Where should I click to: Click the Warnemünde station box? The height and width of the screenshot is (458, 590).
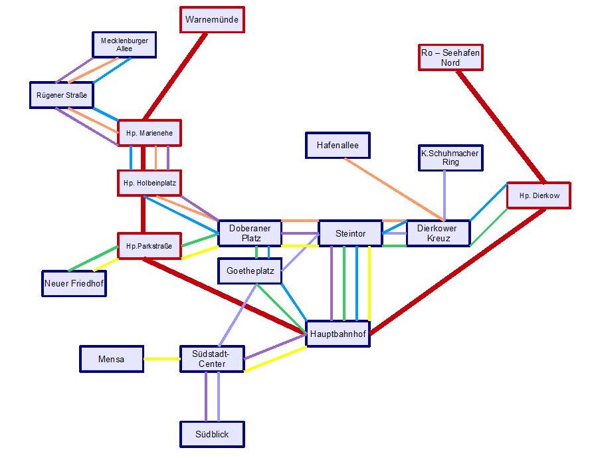[213, 19]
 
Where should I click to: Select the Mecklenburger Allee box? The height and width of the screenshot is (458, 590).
[124, 45]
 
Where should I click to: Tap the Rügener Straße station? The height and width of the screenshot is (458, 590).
[61, 95]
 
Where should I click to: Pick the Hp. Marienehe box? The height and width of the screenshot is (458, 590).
[149, 133]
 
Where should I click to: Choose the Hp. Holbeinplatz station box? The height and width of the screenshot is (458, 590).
[149, 183]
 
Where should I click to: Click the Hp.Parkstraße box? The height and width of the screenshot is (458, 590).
[149, 246]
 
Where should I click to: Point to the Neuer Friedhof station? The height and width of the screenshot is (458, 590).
[74, 283]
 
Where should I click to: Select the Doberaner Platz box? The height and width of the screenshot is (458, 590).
[250, 233]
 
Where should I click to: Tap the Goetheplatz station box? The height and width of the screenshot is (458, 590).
[250, 271]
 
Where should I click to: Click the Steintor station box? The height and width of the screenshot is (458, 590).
[351, 233]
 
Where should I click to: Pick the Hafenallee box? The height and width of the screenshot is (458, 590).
[338, 145]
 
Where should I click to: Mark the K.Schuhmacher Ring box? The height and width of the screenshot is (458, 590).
[449, 158]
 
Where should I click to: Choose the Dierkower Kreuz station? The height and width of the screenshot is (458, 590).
[438, 233]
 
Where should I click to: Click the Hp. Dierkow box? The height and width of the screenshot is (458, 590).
[538, 195]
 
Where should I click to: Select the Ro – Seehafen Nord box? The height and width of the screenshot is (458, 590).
[450, 57]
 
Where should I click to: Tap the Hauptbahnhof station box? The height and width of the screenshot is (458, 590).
[338, 334]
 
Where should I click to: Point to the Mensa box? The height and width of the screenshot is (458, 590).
[112, 359]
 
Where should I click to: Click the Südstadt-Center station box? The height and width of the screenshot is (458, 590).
[212, 359]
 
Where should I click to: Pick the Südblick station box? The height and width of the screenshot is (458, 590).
[212, 434]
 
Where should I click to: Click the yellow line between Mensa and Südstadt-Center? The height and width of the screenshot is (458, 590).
[161, 360]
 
